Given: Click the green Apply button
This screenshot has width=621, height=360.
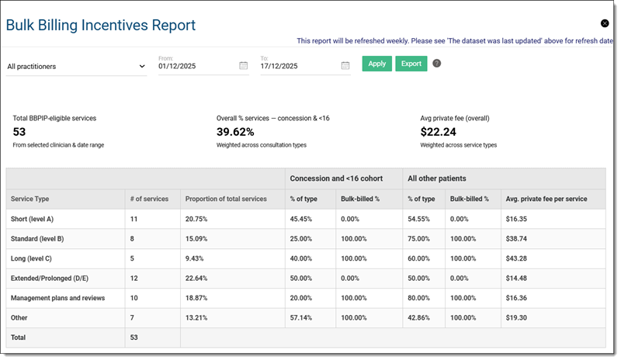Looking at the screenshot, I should (x=376, y=64).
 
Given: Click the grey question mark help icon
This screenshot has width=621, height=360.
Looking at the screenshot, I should (x=436, y=64).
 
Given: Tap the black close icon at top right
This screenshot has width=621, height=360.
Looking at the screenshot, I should (x=605, y=23).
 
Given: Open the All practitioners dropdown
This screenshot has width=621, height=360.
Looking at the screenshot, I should (x=76, y=67).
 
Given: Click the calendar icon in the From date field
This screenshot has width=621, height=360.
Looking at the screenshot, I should (x=243, y=66).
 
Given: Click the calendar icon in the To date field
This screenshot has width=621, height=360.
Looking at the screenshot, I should (x=345, y=66).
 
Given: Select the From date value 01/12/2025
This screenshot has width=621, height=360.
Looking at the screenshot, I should (x=177, y=66).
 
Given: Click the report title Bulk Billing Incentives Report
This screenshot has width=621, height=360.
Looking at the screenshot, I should (x=101, y=26).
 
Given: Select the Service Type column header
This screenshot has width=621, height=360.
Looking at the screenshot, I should (x=29, y=199).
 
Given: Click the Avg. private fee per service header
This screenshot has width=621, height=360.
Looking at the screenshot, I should (x=546, y=199).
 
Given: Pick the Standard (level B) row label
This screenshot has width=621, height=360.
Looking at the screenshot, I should (x=37, y=239).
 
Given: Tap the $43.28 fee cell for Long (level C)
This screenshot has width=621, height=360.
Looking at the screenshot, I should (x=515, y=258).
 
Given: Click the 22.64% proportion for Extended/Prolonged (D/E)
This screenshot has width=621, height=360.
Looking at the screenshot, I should (x=198, y=278).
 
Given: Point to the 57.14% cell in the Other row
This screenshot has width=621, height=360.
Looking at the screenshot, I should (x=301, y=317).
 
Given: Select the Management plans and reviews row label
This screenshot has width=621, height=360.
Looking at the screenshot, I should (x=57, y=298).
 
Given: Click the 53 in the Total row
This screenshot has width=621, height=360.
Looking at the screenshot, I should (x=135, y=337).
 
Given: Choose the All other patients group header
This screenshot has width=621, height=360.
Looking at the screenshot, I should (x=437, y=178).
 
